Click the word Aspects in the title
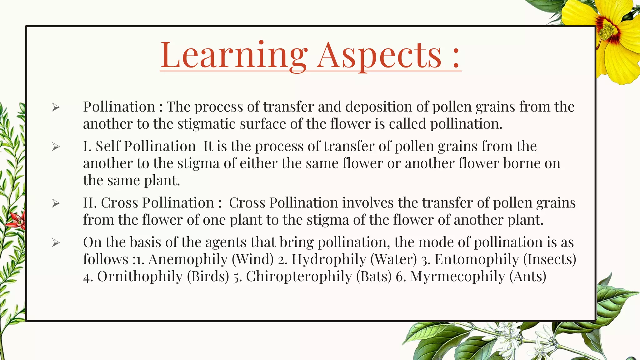(379, 55)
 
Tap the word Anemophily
(188, 259)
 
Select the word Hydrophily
(329, 259)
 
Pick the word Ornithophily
(140, 277)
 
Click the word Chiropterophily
(299, 277)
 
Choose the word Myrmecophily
(457, 277)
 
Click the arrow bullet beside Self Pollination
(56, 147)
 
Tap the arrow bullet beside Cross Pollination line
(56, 203)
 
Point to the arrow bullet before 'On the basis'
(56, 243)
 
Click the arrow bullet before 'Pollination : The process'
(56, 107)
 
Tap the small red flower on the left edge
(17, 220)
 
